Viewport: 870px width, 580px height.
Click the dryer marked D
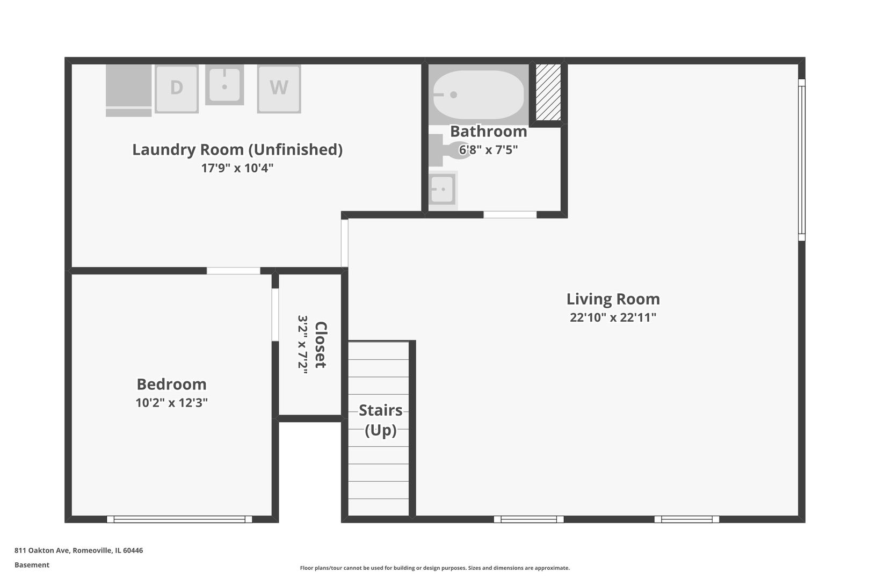177,89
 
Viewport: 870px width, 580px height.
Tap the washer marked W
279,89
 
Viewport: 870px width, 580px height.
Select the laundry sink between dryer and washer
224,85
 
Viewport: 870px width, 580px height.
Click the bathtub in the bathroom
479,95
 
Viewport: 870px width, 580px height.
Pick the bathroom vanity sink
443,190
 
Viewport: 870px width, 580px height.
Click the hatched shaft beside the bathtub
548,92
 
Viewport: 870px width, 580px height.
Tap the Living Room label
613,299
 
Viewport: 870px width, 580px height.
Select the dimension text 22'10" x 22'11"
613,317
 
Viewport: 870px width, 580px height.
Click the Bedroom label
172,384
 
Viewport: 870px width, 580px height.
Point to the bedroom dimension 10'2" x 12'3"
172,402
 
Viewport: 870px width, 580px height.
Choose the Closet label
321,345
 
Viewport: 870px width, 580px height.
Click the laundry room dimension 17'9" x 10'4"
237,168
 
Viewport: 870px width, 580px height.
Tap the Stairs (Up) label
381,421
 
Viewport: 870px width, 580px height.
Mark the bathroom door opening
510,214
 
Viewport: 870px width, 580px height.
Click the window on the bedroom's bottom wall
179,519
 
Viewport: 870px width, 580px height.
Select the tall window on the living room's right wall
802,160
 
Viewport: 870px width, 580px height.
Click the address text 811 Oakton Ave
42,550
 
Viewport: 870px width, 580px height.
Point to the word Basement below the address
32,565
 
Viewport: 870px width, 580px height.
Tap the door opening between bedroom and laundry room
234,271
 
